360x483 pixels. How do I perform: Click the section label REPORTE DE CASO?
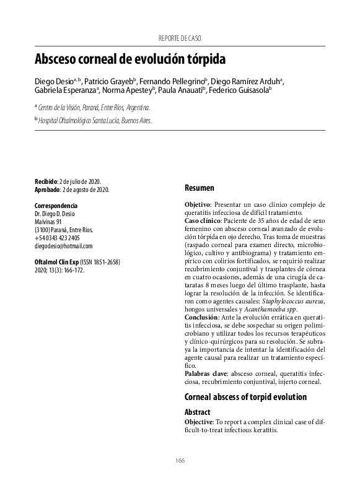point(180,38)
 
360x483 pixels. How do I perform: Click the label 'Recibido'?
point(46,180)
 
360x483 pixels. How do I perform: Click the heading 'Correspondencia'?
point(56,205)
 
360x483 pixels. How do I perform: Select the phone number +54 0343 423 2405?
point(57,237)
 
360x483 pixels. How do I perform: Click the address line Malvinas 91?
point(48,221)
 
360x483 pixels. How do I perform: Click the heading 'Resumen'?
point(200,188)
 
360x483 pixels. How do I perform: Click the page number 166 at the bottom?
point(180,459)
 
